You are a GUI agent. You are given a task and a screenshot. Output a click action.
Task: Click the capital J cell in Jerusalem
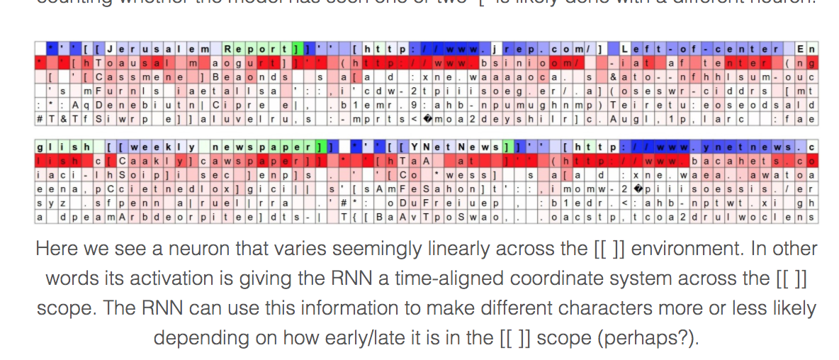pos(110,50)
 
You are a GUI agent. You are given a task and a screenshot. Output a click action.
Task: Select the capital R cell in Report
pos(228,50)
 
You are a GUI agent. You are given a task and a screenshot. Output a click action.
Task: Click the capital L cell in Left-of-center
pos(624,50)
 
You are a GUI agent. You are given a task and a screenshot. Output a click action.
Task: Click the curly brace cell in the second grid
pos(353,217)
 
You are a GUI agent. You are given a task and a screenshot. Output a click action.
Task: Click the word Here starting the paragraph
pos(53,249)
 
